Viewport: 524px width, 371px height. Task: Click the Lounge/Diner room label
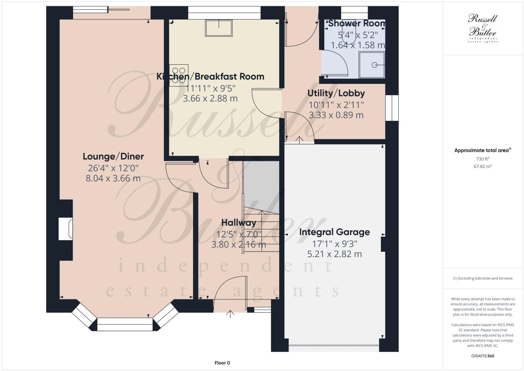tap(113, 156)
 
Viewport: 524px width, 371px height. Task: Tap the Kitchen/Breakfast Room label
tap(210, 76)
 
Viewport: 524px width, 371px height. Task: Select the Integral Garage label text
tap(334, 232)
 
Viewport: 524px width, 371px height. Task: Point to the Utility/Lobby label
tap(336, 93)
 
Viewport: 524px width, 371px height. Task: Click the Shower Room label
tap(356, 23)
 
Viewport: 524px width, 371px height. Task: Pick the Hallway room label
tap(239, 222)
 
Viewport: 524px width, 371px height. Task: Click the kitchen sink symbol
tap(219, 28)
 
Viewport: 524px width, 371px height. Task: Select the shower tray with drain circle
tap(372, 65)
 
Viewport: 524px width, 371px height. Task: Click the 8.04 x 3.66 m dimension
tap(113, 178)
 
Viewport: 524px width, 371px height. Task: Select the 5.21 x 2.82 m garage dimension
tap(334, 254)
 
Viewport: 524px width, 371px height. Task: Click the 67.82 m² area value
tap(482, 166)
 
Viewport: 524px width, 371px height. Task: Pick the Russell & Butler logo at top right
tap(482, 28)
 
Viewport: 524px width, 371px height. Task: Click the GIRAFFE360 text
tap(482, 356)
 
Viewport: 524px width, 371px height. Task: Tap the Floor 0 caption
tap(222, 363)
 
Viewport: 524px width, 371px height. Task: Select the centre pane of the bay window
tap(125, 324)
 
